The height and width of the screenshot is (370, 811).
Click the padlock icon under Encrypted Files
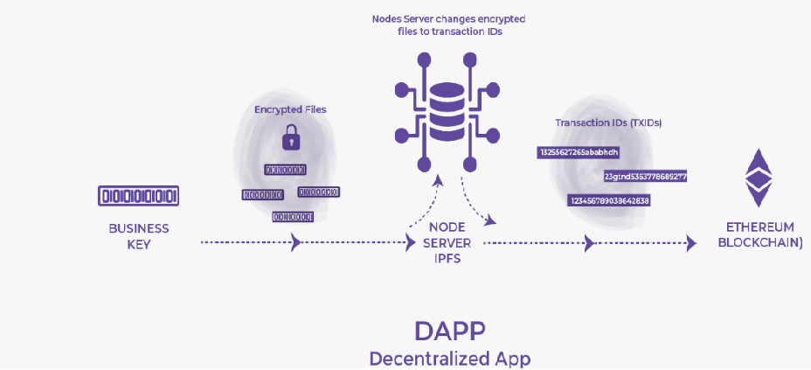point(289,136)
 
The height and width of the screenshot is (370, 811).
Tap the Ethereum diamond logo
point(758,178)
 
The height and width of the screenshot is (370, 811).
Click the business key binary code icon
point(139,194)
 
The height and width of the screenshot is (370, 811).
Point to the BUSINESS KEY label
point(139,236)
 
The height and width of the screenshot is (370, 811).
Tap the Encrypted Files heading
point(291,109)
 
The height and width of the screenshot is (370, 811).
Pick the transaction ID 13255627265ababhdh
point(579,152)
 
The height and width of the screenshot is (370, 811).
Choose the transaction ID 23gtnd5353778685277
point(645,177)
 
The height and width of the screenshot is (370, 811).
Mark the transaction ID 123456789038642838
point(608,200)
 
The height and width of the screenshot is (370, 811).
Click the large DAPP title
point(449,331)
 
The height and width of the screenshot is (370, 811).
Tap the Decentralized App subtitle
point(449,358)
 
